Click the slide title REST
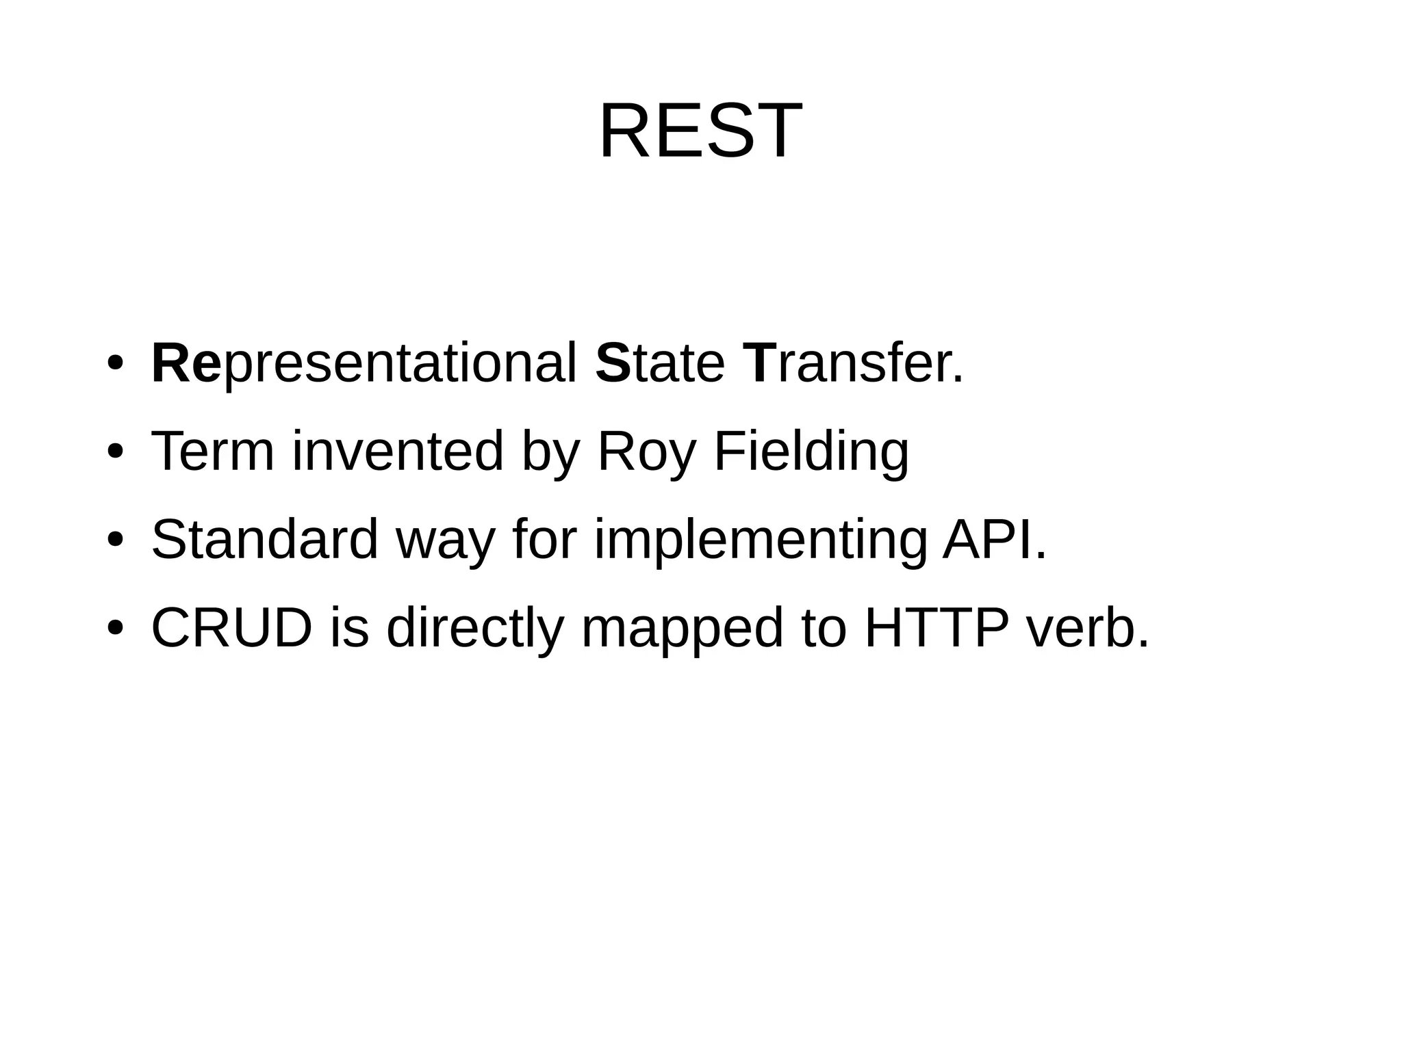[x=700, y=131]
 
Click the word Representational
[x=364, y=363]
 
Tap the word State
[x=659, y=363]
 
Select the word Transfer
[x=852, y=363]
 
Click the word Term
[x=212, y=451]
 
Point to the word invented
[x=398, y=451]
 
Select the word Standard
[x=264, y=540]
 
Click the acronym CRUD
[x=232, y=628]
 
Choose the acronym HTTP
[x=936, y=628]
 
